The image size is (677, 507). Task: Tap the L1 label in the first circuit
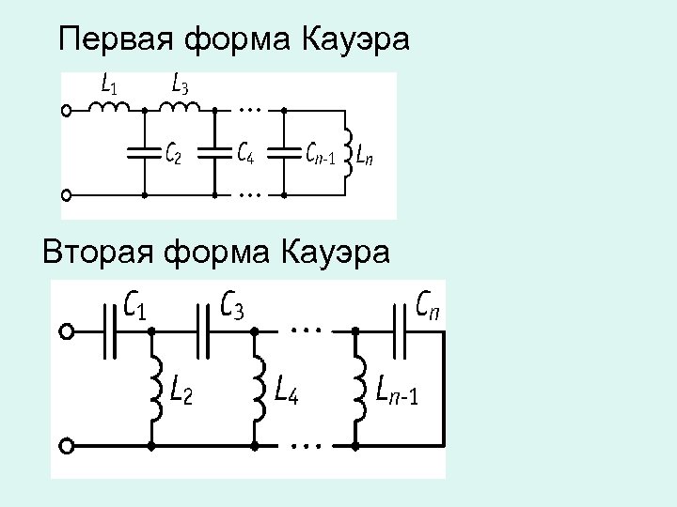[x=109, y=85]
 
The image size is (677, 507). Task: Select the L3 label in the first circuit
[x=181, y=85]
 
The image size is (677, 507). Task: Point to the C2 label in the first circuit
[x=174, y=153]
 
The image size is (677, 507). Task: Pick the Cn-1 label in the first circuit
[x=321, y=153]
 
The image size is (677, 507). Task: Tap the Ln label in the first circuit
[x=366, y=153]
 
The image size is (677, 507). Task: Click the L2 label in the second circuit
[x=182, y=388]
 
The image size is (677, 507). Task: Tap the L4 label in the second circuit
[x=287, y=388]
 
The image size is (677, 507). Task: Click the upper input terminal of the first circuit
[x=66, y=110]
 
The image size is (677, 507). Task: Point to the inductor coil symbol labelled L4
[x=258, y=387]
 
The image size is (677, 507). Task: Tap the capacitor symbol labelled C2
[x=144, y=152]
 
